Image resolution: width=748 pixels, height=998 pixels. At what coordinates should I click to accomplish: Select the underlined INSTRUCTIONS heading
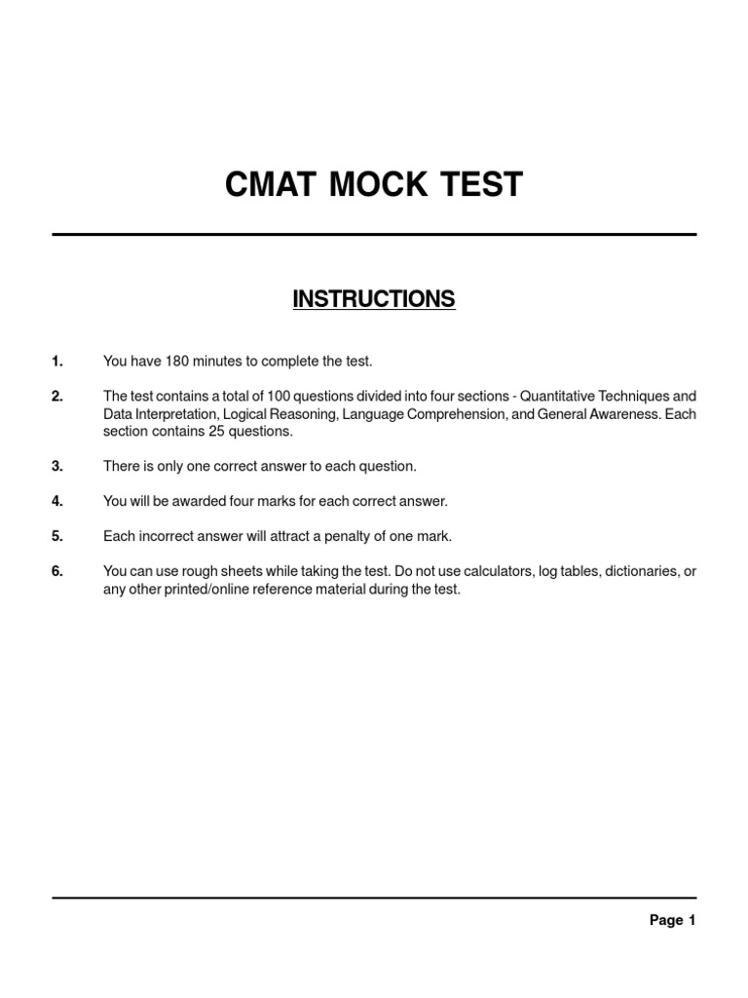click(x=374, y=299)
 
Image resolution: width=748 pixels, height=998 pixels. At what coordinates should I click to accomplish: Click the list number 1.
click(x=57, y=362)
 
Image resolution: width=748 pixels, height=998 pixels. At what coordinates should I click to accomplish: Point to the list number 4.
click(x=57, y=501)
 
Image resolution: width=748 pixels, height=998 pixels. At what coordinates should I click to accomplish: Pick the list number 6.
click(x=57, y=572)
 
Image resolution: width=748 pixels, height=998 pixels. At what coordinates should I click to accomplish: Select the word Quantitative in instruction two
click(x=562, y=397)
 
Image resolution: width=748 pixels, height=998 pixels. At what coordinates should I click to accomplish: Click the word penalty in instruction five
click(x=356, y=537)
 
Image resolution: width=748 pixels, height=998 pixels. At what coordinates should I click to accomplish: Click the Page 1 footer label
click(x=672, y=920)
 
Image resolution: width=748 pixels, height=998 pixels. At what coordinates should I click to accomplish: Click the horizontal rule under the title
click(x=374, y=234)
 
